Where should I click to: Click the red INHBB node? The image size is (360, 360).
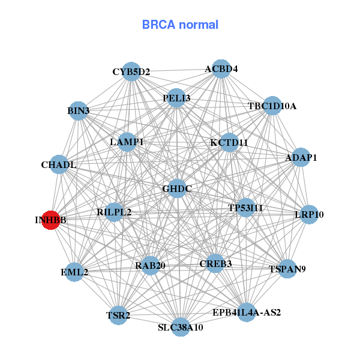pos(51,220)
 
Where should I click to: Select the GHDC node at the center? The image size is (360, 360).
pos(177,189)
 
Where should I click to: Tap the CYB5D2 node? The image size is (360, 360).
pos(131,72)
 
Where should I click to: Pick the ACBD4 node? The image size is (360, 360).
pos(221,69)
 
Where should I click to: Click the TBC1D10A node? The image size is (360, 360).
pos(272,106)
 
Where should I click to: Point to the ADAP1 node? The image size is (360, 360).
pos(301,158)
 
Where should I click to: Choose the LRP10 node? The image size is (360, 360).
pos(308,214)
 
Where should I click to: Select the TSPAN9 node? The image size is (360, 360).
pos(287,269)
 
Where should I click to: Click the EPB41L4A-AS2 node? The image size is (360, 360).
pos(247,312)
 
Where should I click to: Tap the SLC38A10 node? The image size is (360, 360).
pos(181,327)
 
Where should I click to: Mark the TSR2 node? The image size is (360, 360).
pos(118,314)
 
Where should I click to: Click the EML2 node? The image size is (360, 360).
pos(74,272)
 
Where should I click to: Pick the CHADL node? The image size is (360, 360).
pos(59,164)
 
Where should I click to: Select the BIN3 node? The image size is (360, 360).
pos(79,111)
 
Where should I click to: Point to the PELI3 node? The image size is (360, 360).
pos(176,98)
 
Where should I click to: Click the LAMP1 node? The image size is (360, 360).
pos(127,142)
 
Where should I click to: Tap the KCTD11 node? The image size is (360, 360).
pos(229,142)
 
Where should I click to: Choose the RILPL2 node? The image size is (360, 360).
pos(114,212)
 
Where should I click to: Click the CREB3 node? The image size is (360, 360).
pos(215,263)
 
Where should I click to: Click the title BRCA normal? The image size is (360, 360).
pos(180,25)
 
